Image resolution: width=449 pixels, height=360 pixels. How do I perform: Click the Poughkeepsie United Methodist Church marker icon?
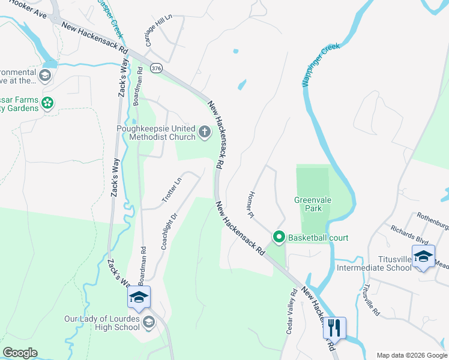pyautogui.click(x=205, y=132)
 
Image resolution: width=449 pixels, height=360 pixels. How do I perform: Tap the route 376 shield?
pyautogui.click(x=157, y=69)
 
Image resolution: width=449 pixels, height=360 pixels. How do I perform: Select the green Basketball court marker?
pyautogui.click(x=279, y=238)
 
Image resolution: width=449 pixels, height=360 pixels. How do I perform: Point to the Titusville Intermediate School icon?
pyautogui.click(x=423, y=256)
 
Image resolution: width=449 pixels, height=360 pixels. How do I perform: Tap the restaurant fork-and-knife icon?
pyautogui.click(x=334, y=328)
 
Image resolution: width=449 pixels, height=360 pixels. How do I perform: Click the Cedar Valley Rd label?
pyautogui.click(x=291, y=312)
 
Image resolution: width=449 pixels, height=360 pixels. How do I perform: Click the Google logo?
pyautogui.click(x=20, y=352)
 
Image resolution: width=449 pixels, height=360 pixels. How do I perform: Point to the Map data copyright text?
pyautogui.click(x=411, y=355)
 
